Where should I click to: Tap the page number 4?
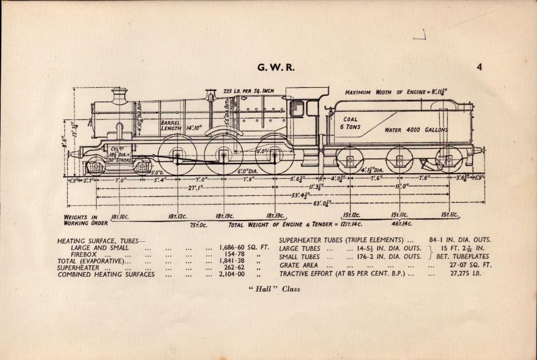point(480,67)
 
